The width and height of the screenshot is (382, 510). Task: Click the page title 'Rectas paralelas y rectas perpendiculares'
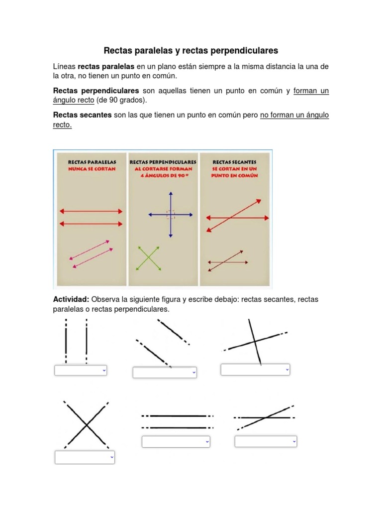[x=191, y=51]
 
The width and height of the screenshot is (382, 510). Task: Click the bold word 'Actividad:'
[x=71, y=299]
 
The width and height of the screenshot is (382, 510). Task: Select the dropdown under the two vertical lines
[x=81, y=371]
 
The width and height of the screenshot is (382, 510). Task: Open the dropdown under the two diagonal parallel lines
[x=165, y=373]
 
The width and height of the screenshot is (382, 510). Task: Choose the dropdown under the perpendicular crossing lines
[x=255, y=370]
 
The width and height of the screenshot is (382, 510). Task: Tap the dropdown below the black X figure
[x=85, y=457]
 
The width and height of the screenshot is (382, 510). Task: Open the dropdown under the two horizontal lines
[x=176, y=442]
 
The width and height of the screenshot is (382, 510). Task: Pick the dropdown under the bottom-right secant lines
[x=266, y=441]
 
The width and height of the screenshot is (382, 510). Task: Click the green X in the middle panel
[x=149, y=258]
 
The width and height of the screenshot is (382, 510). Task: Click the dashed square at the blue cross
[x=171, y=215]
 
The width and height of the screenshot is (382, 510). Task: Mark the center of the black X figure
[x=87, y=425]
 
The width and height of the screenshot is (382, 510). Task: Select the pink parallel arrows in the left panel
[x=91, y=255]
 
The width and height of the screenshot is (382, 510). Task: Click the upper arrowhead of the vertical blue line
[x=171, y=194]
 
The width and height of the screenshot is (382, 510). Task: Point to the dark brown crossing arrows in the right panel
[x=227, y=261]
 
